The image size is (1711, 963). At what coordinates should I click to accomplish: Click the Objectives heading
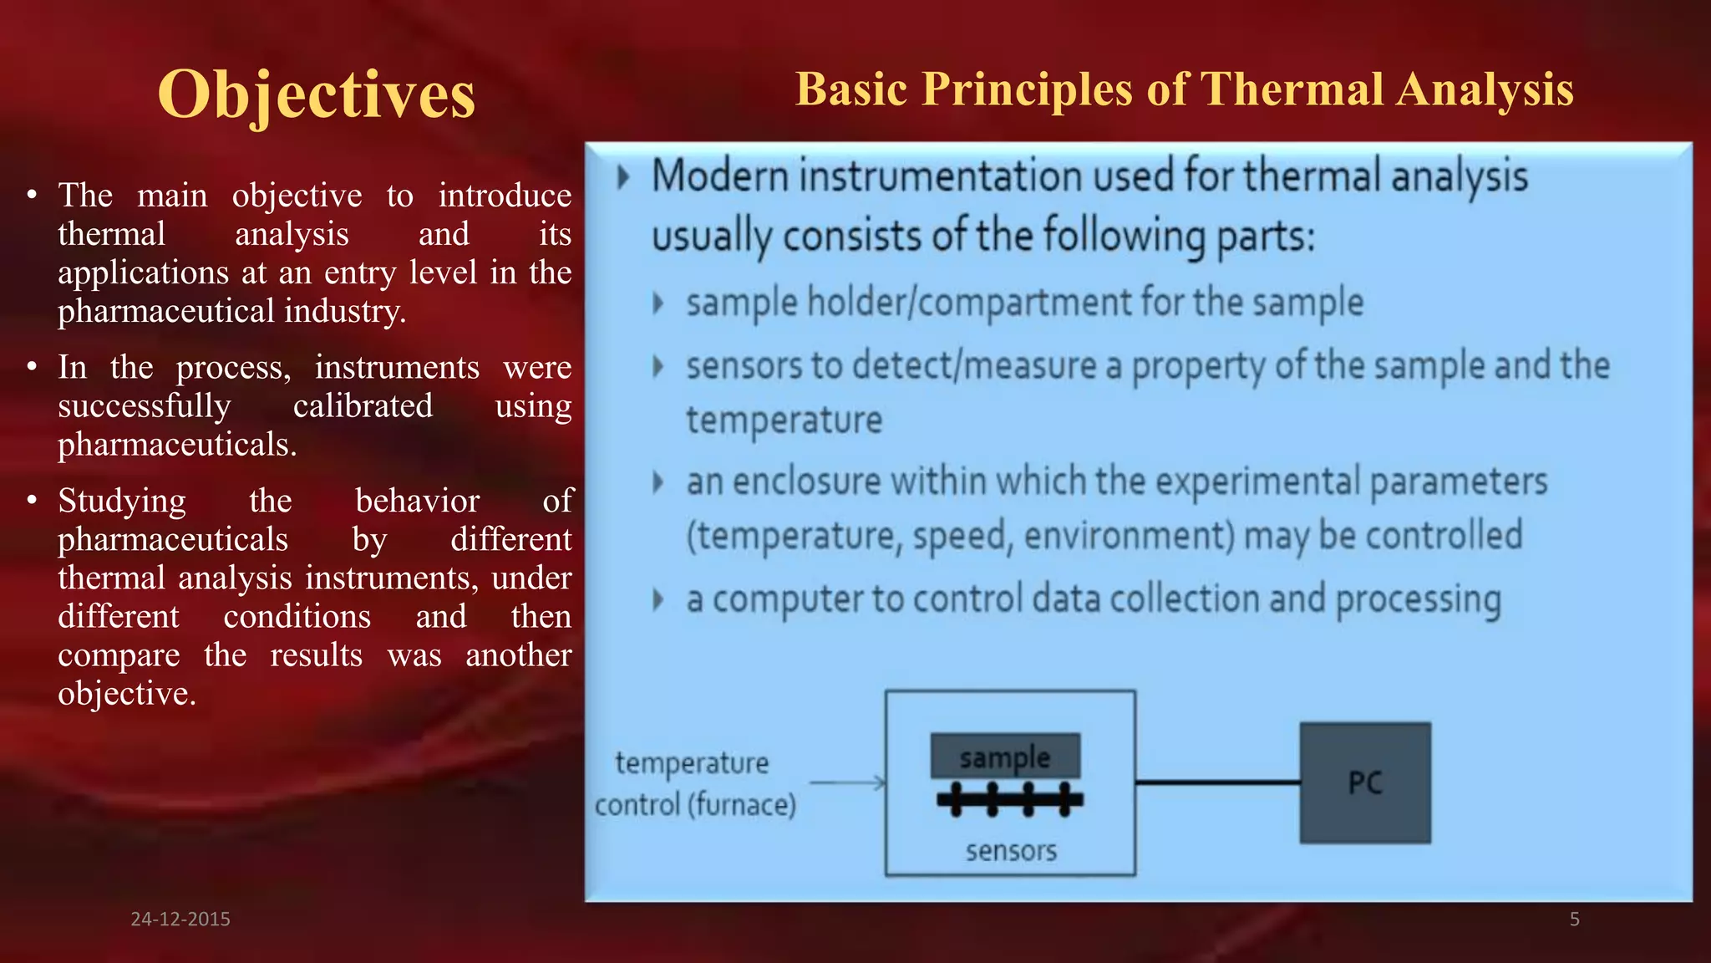[x=316, y=94]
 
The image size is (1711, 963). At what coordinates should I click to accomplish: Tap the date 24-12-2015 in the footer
[x=180, y=919]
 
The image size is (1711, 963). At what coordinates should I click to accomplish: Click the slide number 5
[x=1574, y=919]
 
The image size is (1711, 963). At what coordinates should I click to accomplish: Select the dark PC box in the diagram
[x=1365, y=783]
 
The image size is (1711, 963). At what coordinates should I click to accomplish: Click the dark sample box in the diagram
[x=1005, y=757]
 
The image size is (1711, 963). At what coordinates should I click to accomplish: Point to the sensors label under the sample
[x=1011, y=851]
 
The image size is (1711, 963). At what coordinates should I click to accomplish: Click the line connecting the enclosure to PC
[x=1216, y=782]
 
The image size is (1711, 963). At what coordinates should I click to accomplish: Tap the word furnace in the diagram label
[x=742, y=805]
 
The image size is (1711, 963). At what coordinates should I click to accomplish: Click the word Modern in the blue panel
[x=720, y=177]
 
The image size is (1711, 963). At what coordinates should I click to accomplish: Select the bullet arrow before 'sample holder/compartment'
[x=658, y=303]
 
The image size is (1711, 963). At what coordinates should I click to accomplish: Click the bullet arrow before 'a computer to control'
[x=658, y=599]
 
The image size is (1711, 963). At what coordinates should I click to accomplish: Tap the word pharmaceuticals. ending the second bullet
[x=177, y=445]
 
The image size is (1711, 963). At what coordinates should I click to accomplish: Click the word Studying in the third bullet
[x=122, y=501]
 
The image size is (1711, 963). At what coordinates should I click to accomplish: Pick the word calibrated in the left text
[x=363, y=406]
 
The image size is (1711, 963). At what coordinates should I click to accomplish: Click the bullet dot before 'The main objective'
[x=32, y=196]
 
